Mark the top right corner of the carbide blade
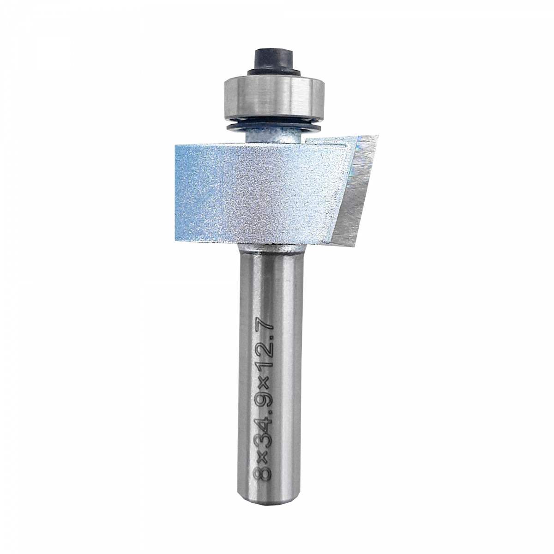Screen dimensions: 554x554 pos(379,135)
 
